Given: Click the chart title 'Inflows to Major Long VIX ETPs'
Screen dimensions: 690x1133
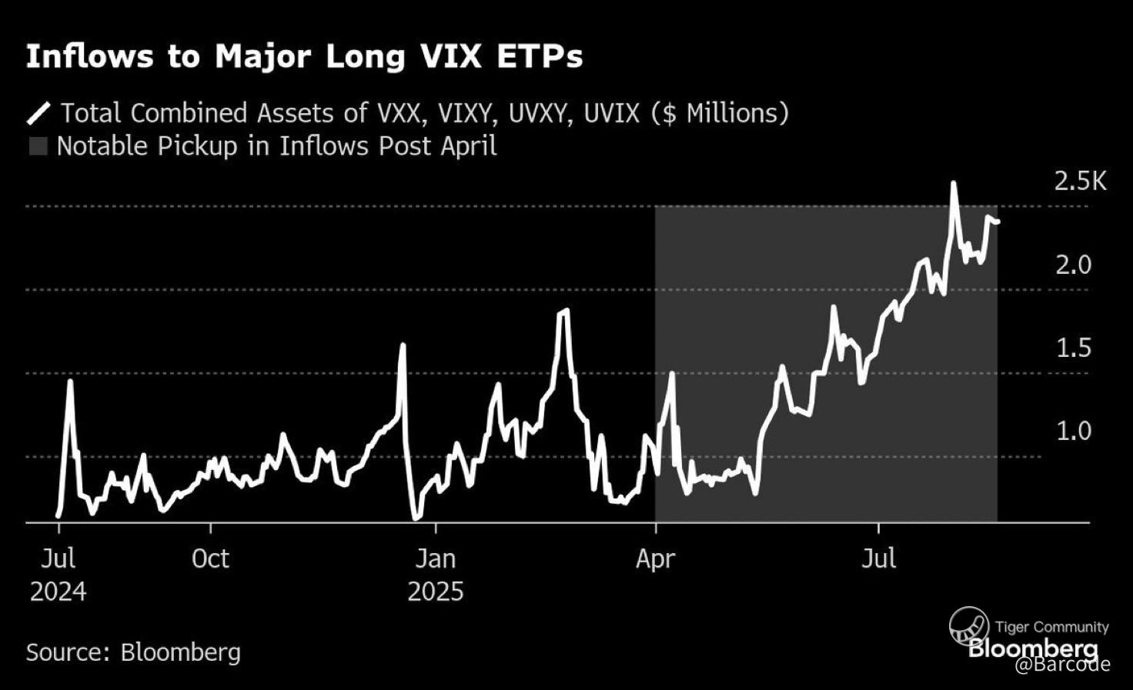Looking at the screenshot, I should click(304, 57).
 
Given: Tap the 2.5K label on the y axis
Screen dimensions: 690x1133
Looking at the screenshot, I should click(1080, 182).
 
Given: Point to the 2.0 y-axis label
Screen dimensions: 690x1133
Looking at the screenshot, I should click(1073, 265).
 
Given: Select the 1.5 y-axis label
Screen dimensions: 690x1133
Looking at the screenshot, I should click(1073, 348).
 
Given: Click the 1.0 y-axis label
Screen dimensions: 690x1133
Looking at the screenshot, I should click(1073, 431).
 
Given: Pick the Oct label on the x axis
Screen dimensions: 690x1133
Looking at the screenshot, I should click(210, 558).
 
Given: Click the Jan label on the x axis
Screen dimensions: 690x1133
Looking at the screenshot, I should click(436, 558).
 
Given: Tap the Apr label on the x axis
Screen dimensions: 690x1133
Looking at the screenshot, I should click(655, 558).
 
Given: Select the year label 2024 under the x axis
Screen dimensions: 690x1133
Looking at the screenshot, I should click(58, 592).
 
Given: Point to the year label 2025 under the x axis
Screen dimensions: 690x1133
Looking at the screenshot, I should click(436, 592).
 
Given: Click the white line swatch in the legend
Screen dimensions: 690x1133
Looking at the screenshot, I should click(39, 113).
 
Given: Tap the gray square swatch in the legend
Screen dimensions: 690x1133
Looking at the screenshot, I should click(38, 146).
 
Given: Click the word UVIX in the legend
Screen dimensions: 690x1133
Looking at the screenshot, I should click(611, 113).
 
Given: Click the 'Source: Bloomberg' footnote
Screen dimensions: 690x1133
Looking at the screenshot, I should click(133, 652).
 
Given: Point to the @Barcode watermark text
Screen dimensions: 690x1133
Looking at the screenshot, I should click(1062, 664).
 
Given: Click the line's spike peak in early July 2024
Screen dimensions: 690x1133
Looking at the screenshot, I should click(70, 381).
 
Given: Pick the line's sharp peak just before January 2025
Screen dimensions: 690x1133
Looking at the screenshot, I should click(402, 345).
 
